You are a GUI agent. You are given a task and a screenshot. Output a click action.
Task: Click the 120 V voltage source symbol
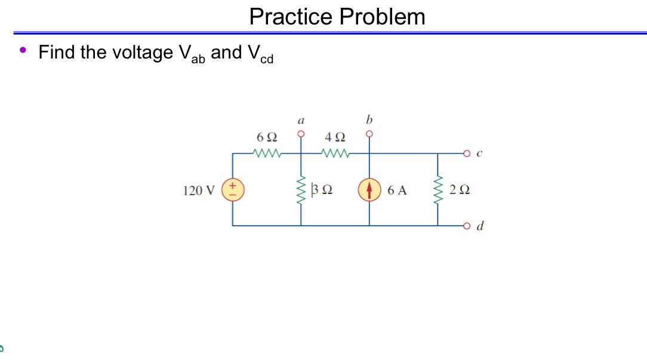[233, 190]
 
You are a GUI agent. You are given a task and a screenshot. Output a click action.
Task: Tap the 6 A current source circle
[369, 190]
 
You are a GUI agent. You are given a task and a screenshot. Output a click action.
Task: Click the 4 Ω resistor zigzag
[334, 154]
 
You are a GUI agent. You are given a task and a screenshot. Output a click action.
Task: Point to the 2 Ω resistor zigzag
[439, 189]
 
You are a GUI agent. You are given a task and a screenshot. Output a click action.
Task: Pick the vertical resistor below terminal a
[301, 190]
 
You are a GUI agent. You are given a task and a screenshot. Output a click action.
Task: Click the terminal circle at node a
[301, 134]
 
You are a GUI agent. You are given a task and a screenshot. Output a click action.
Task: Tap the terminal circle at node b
[369, 134]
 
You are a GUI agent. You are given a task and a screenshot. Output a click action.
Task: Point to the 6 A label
[397, 190]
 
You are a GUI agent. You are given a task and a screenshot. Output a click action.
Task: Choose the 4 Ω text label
[334, 138]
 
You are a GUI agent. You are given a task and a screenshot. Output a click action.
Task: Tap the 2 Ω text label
[461, 190]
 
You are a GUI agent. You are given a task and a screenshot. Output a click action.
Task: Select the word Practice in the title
[291, 17]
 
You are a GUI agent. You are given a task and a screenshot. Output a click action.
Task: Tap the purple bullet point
[23, 51]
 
